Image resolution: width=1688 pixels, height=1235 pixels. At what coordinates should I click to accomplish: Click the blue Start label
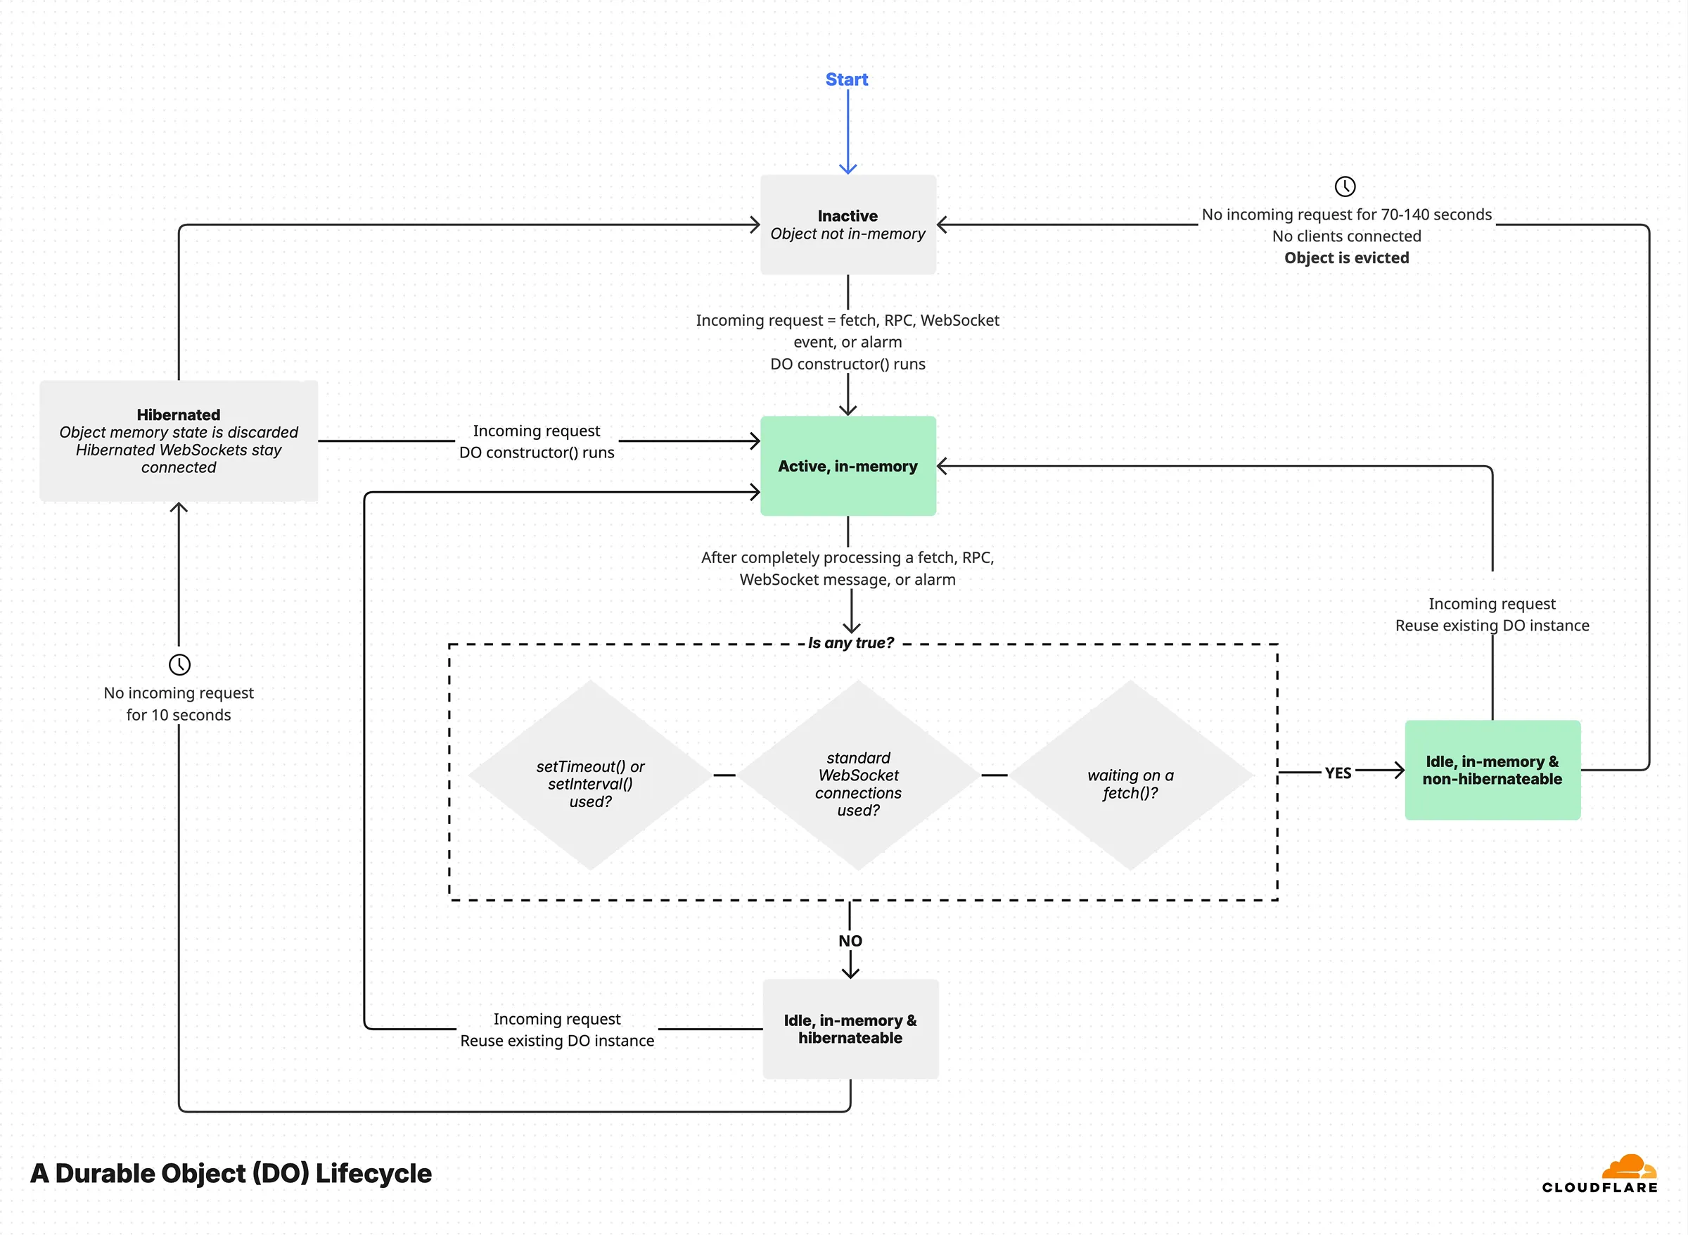point(846,80)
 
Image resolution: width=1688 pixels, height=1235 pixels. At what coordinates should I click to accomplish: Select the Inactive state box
point(848,224)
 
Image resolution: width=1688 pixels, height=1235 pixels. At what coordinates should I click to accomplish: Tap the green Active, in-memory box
point(848,466)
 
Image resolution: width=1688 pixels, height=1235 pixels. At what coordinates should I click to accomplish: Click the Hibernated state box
point(179,441)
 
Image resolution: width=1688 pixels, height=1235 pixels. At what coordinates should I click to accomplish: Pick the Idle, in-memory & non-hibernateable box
point(1492,770)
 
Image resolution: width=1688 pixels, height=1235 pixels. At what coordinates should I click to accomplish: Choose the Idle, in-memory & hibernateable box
point(850,1029)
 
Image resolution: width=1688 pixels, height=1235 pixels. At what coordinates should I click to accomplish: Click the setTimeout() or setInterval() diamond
point(590,776)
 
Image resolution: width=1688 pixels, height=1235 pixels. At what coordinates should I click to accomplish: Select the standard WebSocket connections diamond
point(858,776)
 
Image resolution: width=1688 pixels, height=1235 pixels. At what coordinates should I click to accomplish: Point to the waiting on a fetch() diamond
point(1130,776)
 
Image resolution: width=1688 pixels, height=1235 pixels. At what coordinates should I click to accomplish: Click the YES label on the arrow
point(1338,772)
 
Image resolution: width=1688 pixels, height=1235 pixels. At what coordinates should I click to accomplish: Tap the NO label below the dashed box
point(850,940)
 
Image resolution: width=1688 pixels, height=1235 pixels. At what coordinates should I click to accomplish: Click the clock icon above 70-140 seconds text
point(1344,186)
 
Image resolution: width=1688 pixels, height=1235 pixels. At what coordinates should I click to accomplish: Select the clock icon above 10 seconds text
point(179,664)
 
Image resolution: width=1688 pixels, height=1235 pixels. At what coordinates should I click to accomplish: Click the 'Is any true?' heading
point(850,643)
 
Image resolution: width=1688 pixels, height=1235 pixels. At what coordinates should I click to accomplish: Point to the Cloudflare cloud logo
point(1629,1166)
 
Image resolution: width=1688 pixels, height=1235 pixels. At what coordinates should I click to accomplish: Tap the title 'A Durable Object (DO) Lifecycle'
point(231,1173)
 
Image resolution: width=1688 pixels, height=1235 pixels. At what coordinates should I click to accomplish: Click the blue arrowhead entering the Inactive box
point(848,169)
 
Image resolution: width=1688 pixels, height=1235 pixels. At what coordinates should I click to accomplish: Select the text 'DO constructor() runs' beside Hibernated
point(537,452)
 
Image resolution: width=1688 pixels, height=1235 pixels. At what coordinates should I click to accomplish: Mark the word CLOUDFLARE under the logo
point(1599,1187)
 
